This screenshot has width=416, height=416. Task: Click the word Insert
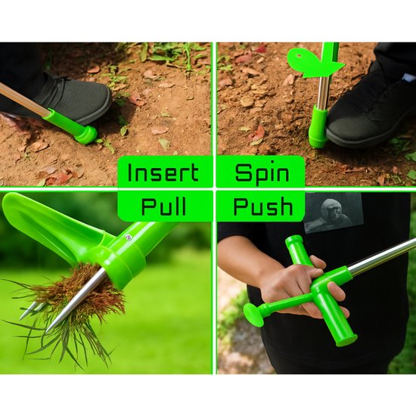coord(163,172)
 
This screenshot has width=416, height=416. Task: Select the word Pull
coord(163,206)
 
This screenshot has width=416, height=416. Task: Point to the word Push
coord(263,206)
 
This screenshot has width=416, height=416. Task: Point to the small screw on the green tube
coord(129,237)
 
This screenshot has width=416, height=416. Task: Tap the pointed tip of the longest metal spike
coord(48,331)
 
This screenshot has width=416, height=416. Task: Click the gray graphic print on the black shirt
coord(334,213)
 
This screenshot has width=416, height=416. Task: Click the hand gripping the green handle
coord(300,287)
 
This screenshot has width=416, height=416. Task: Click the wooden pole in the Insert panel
coord(24,100)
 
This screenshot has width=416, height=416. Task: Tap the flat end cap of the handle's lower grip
coord(347,341)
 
